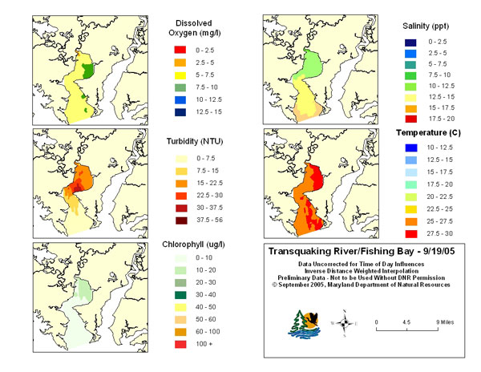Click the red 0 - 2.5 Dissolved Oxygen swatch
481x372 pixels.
[180, 50]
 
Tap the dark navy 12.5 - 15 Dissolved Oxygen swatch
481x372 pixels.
[180, 112]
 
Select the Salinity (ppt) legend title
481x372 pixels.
[426, 26]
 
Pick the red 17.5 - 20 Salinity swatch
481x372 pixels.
[410, 119]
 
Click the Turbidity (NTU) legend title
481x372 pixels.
[195, 141]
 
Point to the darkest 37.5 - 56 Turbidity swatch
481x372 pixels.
[181, 220]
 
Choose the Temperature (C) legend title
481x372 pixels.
[428, 133]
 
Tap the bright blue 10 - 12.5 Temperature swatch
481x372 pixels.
[411, 148]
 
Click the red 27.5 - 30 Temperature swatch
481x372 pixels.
[411, 233]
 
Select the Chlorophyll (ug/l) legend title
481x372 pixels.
[193, 245]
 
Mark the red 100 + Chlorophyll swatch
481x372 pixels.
[180, 344]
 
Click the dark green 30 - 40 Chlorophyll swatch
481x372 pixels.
[180, 295]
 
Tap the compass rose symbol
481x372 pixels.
[345, 323]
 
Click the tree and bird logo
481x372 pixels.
[304, 325]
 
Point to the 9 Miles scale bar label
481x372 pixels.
[445, 322]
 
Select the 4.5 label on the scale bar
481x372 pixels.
[406, 322]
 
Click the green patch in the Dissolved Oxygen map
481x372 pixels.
[88, 71]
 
